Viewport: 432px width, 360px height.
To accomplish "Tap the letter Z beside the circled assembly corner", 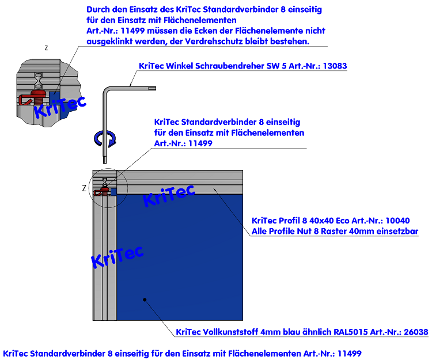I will click(x=84, y=188).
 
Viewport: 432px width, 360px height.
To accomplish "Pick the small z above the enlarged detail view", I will click(x=46, y=48).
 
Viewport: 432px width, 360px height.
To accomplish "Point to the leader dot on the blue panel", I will click(x=146, y=299).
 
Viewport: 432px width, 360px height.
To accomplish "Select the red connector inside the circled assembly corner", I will click(x=104, y=188).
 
